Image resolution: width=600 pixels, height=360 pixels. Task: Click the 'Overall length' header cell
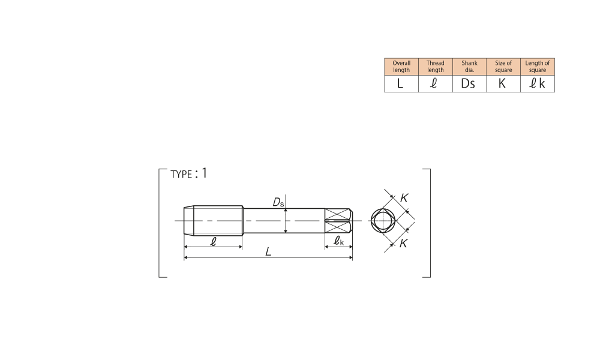pos(401,67)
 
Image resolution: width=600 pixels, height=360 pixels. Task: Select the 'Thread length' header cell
pos(436,67)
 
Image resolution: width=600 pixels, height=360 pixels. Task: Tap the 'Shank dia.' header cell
pos(470,67)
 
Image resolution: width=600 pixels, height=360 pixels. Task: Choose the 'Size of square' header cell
pos(503,67)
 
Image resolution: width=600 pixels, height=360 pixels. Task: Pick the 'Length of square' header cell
pos(538,67)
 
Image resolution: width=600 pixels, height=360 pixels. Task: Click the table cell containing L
pos(401,83)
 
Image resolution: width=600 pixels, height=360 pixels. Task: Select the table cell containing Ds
pos(470,83)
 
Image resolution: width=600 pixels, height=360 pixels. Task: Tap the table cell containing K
pos(503,83)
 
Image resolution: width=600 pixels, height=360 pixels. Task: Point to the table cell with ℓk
pos(538,83)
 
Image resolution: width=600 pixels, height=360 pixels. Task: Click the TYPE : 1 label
pos(188,173)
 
